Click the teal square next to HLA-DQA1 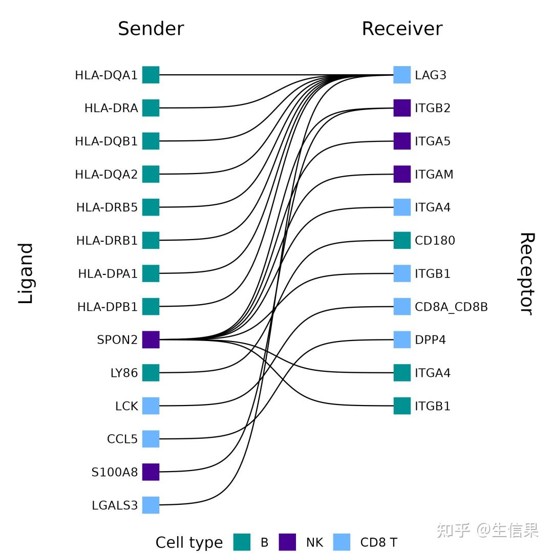(x=151, y=75)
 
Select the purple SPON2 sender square (x=151, y=339)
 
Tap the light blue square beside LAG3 (x=402, y=75)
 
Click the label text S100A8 (x=115, y=472)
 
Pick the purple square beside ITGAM (x=402, y=174)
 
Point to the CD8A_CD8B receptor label (x=451, y=307)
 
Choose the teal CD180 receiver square (x=402, y=240)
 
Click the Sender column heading (x=151, y=29)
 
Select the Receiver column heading (x=402, y=29)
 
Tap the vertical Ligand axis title (x=26, y=273)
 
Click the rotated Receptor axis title (x=527, y=273)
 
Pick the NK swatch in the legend (x=287, y=542)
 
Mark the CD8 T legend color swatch (x=342, y=542)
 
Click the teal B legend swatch (x=242, y=542)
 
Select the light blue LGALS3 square (x=151, y=505)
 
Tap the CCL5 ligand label (x=122, y=439)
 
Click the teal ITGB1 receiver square (x=402, y=406)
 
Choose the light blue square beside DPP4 (x=402, y=339)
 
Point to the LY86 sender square (x=151, y=373)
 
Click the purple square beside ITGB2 (x=402, y=108)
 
